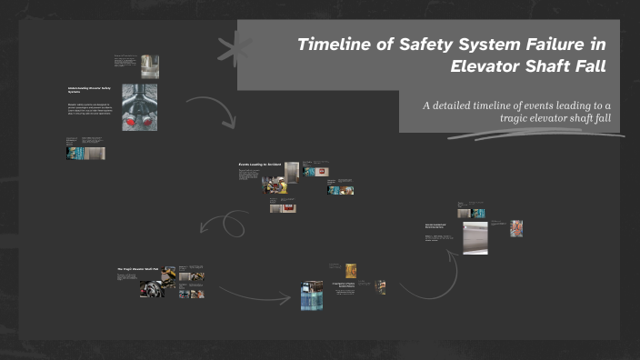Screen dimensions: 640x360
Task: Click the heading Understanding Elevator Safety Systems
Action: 89,90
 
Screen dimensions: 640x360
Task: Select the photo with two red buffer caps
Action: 139,107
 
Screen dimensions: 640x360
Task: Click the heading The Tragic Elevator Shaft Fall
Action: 138,270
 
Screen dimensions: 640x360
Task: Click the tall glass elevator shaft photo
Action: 312,295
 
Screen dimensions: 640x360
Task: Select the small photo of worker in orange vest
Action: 517,227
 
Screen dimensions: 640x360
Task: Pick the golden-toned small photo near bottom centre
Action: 351,270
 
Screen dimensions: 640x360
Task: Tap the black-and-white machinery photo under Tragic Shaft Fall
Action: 152,289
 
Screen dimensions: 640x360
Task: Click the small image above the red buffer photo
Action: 149,66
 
